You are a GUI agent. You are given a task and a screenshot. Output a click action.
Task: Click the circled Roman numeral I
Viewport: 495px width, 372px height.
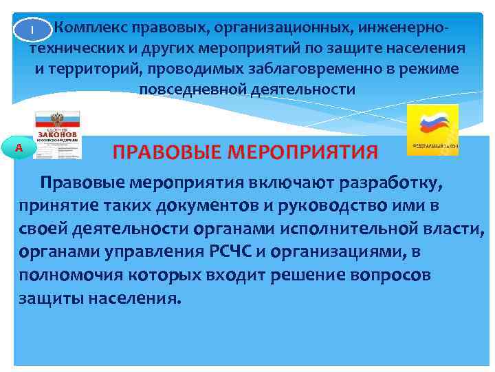32,30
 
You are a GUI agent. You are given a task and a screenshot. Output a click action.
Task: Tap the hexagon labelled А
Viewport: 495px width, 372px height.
19,148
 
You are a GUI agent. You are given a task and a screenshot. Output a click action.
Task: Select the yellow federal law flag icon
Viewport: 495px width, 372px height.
432,130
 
